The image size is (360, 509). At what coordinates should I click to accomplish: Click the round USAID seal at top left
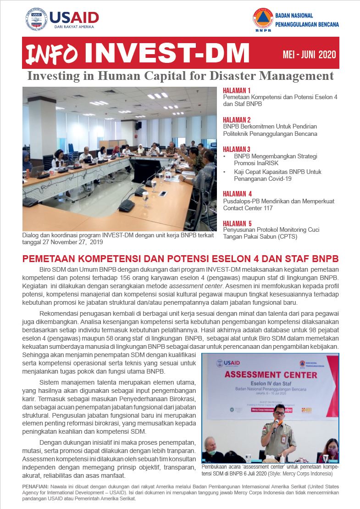36,19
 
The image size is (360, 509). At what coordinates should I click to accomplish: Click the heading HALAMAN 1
237,90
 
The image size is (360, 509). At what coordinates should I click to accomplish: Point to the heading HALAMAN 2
237,119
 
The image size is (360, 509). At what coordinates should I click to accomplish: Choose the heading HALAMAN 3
237,149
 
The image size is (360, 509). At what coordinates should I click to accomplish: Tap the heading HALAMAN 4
237,194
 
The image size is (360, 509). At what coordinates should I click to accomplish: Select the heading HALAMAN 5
237,224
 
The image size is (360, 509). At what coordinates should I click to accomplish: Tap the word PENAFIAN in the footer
35,486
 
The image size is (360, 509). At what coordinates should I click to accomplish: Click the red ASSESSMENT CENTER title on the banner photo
271,375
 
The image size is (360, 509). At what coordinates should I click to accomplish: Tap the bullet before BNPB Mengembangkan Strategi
224,156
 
